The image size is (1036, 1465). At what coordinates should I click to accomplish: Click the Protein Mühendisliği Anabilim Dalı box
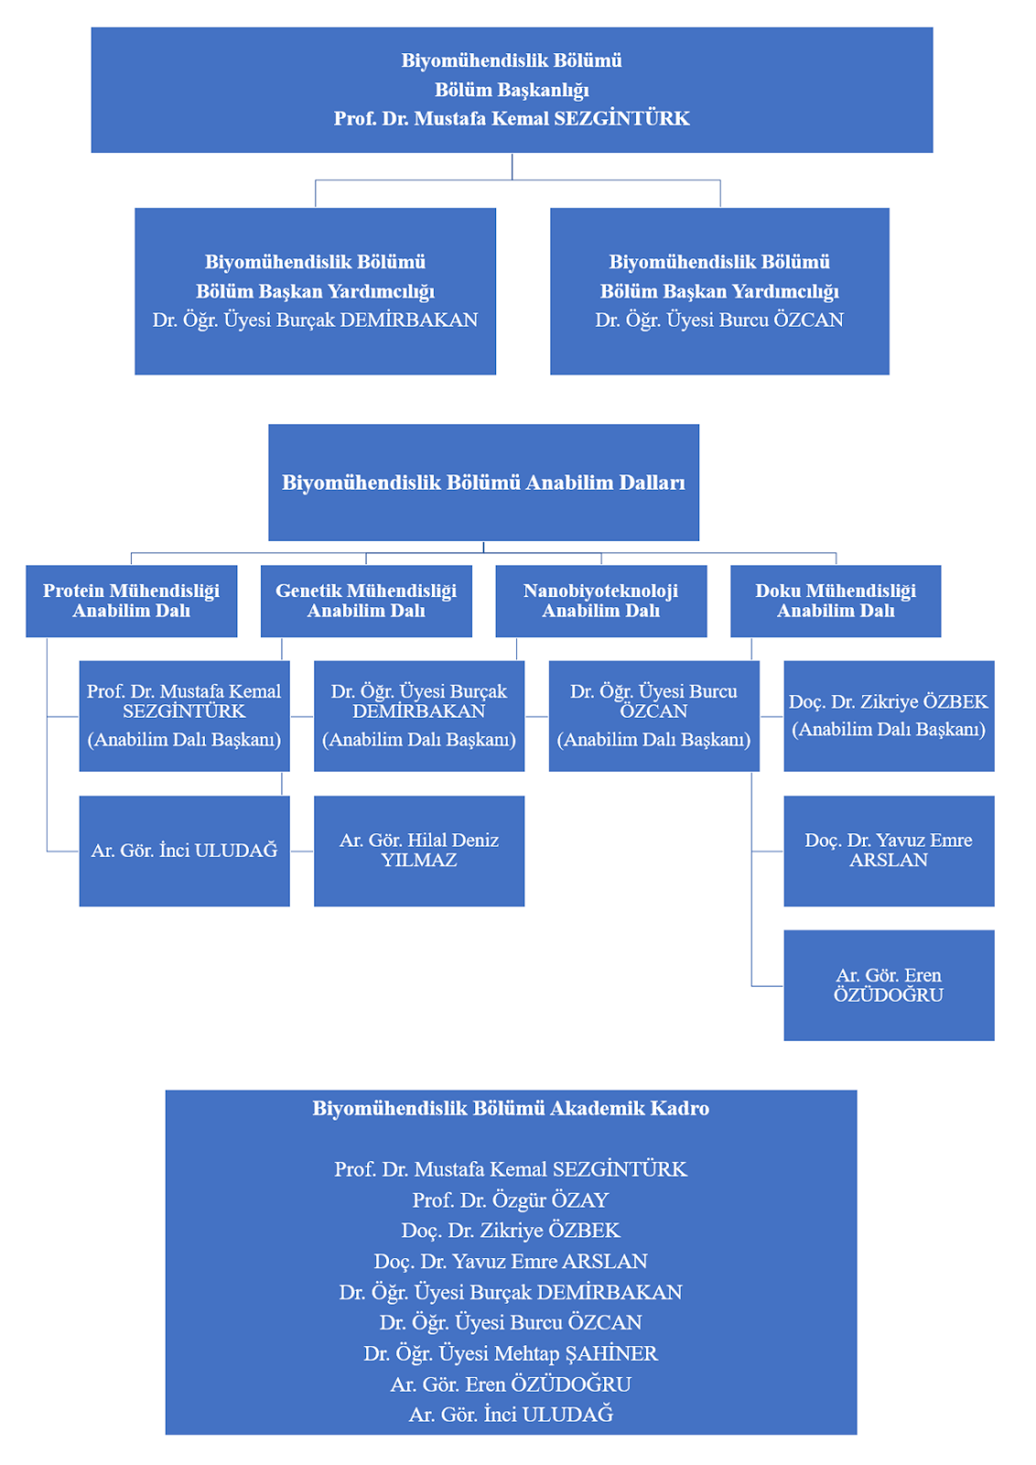132,601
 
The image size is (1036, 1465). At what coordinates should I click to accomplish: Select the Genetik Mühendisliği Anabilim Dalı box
366,601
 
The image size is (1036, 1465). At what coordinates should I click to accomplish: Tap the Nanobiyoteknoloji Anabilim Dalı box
601,601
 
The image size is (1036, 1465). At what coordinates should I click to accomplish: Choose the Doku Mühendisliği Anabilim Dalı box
836,601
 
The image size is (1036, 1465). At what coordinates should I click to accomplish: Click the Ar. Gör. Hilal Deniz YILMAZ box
419,851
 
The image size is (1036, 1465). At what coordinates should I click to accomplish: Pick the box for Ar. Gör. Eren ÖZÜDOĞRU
889,985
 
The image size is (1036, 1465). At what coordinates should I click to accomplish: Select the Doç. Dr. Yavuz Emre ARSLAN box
889,851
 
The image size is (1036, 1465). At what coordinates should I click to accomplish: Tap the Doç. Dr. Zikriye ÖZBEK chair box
889,716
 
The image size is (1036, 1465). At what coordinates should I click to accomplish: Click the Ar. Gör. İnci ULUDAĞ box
184,851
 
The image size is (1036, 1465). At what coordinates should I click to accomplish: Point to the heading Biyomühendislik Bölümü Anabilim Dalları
484,483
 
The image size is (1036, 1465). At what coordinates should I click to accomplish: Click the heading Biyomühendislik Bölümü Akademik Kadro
511,1108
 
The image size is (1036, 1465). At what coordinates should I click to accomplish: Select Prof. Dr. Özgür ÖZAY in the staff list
511,1200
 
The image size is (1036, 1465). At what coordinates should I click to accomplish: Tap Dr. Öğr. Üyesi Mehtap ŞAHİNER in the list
511,1353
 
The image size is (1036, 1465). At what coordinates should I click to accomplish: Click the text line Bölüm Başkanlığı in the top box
512,90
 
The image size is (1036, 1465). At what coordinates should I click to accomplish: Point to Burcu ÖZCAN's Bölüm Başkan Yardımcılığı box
719,291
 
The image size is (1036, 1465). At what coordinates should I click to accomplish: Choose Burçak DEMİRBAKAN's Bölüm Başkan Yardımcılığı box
315,291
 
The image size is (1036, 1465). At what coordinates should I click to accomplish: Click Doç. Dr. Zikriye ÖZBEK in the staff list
511,1231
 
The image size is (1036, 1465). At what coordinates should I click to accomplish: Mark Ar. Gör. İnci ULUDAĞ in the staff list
511,1415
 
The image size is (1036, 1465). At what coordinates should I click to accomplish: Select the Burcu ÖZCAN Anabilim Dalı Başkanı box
654,716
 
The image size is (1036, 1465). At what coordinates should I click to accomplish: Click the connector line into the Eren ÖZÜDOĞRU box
751,880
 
